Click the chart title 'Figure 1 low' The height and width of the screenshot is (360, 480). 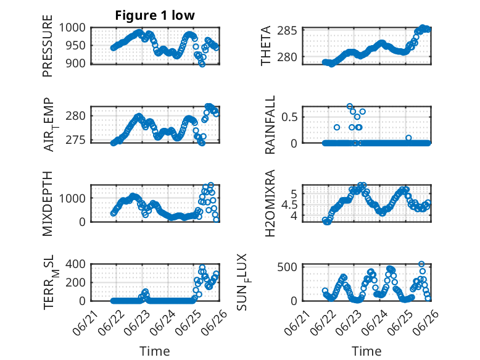(x=155, y=15)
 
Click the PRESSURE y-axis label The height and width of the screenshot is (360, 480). (x=48, y=46)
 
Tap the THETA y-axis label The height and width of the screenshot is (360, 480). (x=266, y=46)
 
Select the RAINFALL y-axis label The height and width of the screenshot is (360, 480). (x=270, y=125)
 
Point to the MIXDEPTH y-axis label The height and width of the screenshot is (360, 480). (x=48, y=203)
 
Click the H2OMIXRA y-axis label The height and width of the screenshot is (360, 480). (x=270, y=203)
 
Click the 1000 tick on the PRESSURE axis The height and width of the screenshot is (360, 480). (x=72, y=28)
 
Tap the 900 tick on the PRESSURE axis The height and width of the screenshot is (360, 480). (x=76, y=64)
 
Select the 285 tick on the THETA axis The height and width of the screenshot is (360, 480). (x=287, y=31)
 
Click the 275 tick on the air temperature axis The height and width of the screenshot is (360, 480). (x=76, y=140)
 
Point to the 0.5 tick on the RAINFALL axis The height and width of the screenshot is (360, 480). (x=289, y=117)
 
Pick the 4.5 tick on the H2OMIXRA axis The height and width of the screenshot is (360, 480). (x=289, y=205)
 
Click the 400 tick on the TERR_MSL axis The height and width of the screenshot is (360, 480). (x=76, y=264)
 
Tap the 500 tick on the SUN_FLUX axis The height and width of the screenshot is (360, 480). (x=287, y=267)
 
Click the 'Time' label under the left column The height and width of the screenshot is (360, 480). (x=155, y=351)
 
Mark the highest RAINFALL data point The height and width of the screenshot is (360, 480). (x=350, y=106)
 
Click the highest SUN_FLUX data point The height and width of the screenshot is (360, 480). (x=421, y=264)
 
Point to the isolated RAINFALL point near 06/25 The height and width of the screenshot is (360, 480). (x=408, y=138)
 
